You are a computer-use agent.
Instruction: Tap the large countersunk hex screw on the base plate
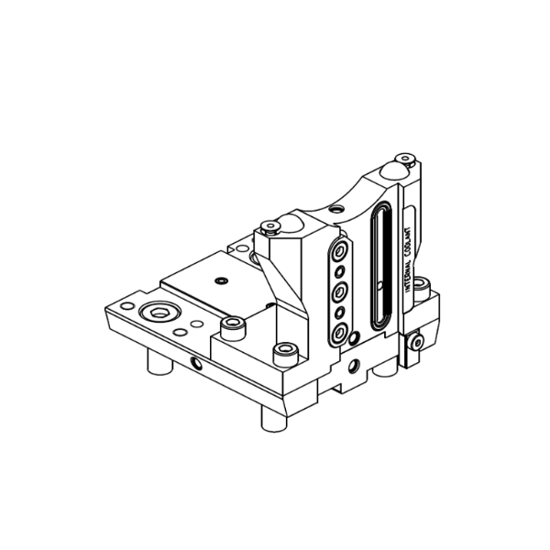click(159, 312)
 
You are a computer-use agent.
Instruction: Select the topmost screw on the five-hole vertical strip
click(339, 251)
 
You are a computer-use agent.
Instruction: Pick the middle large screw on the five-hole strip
click(339, 291)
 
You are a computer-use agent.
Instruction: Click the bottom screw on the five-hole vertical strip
click(339, 333)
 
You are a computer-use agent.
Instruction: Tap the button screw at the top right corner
click(405, 159)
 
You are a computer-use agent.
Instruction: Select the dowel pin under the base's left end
click(159, 361)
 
